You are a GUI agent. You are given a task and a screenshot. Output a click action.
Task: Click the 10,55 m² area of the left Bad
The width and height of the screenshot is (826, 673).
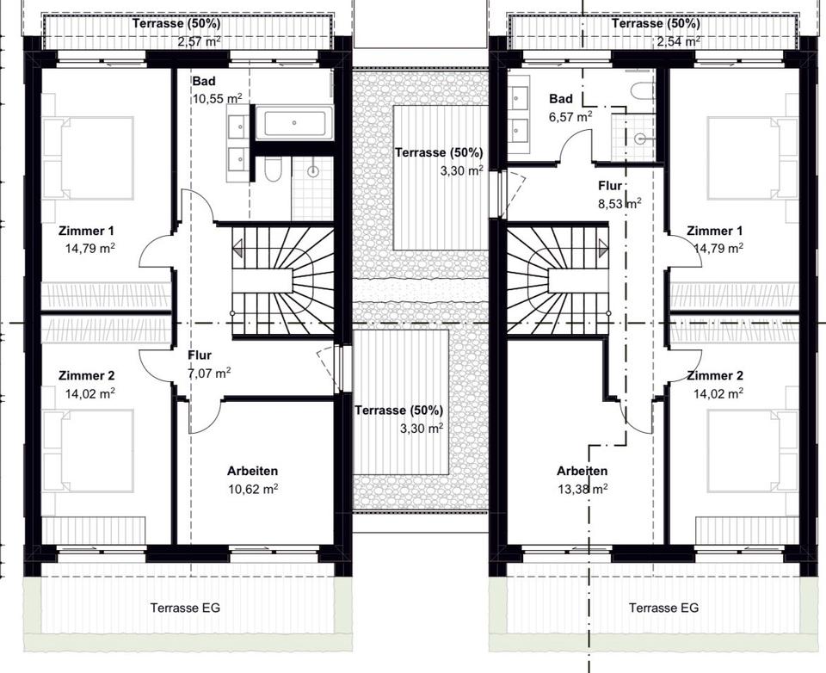pyautogui.click(x=217, y=99)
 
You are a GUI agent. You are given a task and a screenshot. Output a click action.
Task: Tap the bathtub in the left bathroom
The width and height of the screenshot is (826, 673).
pyautogui.click(x=294, y=122)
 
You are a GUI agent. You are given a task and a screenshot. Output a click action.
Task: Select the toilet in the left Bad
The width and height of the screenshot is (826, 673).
pyautogui.click(x=273, y=169)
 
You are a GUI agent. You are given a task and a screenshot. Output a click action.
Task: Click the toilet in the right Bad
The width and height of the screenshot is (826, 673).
pyautogui.click(x=642, y=94)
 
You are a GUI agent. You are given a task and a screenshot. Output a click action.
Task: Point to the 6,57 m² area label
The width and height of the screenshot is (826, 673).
pyautogui.click(x=570, y=116)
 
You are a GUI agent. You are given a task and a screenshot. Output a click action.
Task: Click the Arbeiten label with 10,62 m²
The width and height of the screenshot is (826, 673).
pyautogui.click(x=252, y=471)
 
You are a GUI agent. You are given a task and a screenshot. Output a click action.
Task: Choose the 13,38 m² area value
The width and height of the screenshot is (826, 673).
pyautogui.click(x=583, y=489)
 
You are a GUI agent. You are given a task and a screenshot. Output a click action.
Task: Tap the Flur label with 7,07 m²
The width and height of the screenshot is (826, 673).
pyautogui.click(x=200, y=355)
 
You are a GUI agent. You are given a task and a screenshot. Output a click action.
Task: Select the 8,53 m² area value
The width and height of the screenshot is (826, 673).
pyautogui.click(x=619, y=203)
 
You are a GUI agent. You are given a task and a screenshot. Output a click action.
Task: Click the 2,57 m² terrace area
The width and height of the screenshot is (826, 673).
pyautogui.click(x=199, y=41)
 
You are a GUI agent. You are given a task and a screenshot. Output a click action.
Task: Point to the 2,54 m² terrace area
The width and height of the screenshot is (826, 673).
pyautogui.click(x=679, y=41)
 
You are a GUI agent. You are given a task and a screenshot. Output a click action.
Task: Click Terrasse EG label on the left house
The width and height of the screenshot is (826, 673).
pyautogui.click(x=185, y=608)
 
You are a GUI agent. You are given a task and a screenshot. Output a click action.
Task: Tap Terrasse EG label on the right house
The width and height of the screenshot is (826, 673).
pyautogui.click(x=663, y=608)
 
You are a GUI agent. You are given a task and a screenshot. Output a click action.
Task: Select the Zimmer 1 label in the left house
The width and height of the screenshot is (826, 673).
pyautogui.click(x=86, y=231)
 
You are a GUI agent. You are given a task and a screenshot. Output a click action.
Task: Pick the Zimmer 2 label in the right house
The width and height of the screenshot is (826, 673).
pyautogui.click(x=715, y=375)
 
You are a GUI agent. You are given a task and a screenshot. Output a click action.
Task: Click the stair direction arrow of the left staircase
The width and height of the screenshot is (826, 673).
pyautogui.click(x=237, y=248)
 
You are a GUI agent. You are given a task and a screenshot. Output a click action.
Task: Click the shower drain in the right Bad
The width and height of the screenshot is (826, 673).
pyautogui.click(x=640, y=139)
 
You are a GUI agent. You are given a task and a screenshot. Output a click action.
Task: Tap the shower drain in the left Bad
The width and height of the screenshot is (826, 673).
pyautogui.click(x=313, y=170)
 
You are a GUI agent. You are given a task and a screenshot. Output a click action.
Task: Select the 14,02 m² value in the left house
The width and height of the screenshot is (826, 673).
pyautogui.click(x=90, y=393)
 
